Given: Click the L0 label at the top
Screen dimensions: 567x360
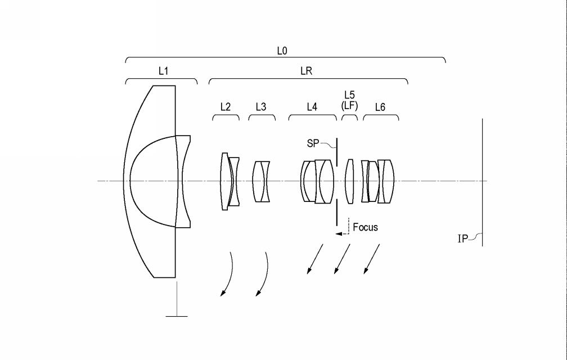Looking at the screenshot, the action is pyautogui.click(x=282, y=51).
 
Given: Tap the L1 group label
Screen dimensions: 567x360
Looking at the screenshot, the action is pyautogui.click(x=164, y=71).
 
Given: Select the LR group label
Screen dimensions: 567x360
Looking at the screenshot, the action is pyautogui.click(x=306, y=71).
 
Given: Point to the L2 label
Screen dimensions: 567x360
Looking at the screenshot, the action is pyautogui.click(x=225, y=107).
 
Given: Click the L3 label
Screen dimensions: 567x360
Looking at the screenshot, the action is pyautogui.click(x=261, y=107).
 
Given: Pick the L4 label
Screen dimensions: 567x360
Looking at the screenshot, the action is pyautogui.click(x=312, y=107).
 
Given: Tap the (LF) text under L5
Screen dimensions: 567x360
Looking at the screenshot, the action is pyautogui.click(x=350, y=105).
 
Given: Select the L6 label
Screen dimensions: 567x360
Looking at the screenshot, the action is pyautogui.click(x=380, y=107).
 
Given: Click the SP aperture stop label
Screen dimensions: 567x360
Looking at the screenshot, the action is pyautogui.click(x=313, y=143).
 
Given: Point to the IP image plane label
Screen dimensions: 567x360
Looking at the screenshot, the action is pyautogui.click(x=463, y=239).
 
